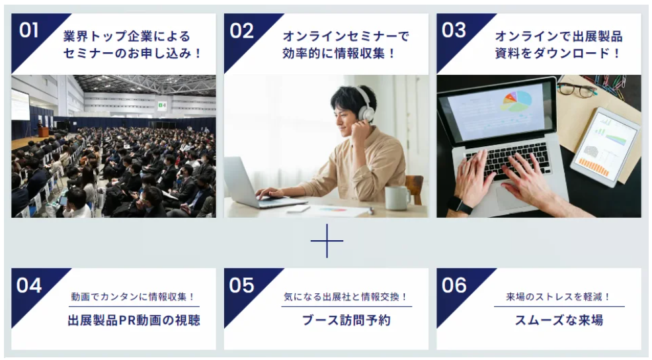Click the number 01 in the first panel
click(28, 30)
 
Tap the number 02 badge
click(241, 31)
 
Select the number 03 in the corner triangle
click(454, 30)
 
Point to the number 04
click(28, 285)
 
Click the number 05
click(241, 285)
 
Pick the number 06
click(454, 285)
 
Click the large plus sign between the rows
click(327, 241)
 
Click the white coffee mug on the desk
click(397, 197)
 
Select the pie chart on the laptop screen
click(516, 101)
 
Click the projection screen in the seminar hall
click(20, 105)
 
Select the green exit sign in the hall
click(162, 105)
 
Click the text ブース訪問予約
click(346, 320)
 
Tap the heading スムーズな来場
click(559, 320)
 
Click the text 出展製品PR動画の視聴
click(134, 320)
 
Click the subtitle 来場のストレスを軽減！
click(559, 296)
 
